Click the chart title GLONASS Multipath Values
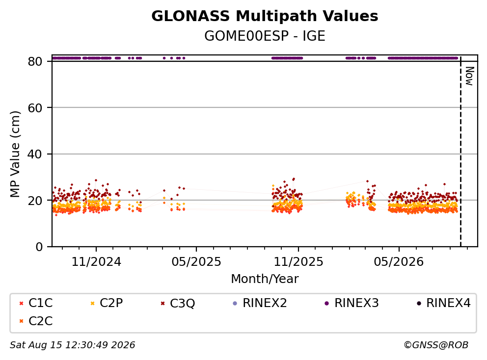point(265,16)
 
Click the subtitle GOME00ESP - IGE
point(265,36)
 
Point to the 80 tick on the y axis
point(35,61)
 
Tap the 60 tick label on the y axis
point(35,108)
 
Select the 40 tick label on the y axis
point(35,154)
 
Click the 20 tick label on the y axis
point(35,201)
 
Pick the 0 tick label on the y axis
point(39,247)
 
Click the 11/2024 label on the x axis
point(96,262)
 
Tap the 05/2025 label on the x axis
point(196,262)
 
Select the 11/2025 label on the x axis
point(298,262)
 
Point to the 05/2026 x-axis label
point(399,262)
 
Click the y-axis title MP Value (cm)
point(15,154)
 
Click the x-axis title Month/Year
point(265,279)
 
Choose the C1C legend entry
point(36,303)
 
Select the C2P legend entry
point(107,303)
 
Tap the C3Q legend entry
point(178,303)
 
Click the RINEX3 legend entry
point(352,303)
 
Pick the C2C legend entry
point(36,321)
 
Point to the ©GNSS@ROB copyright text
point(436,345)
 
